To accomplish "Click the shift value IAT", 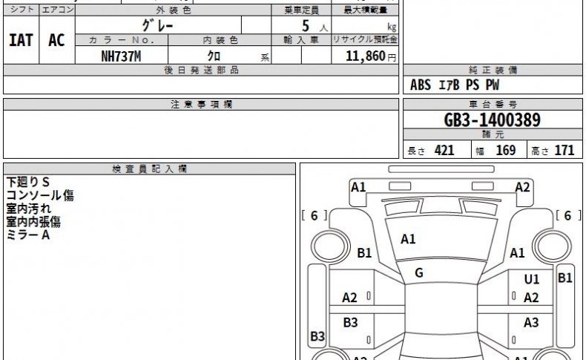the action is pos(21,40).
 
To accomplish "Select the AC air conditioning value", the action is pos(56,40).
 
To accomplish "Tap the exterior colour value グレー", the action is pos(158,25).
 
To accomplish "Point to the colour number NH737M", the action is pos(121,56).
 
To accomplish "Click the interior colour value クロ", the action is pos(214,56).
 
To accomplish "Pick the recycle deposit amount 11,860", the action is pos(366,56).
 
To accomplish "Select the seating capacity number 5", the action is pos(306,26).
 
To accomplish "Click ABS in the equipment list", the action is pos(421,85).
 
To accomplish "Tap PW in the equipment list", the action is pos(493,85).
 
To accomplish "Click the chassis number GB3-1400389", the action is pos(493,120).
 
